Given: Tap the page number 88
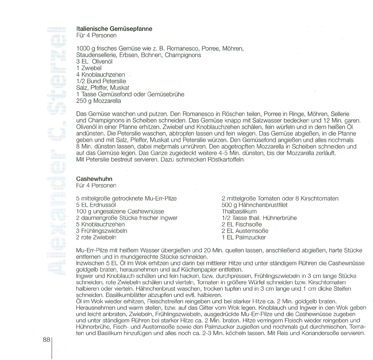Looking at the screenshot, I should (47, 340).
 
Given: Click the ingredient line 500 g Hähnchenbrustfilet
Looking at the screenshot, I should (252, 205).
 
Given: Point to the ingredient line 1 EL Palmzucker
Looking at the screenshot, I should (244, 237).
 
